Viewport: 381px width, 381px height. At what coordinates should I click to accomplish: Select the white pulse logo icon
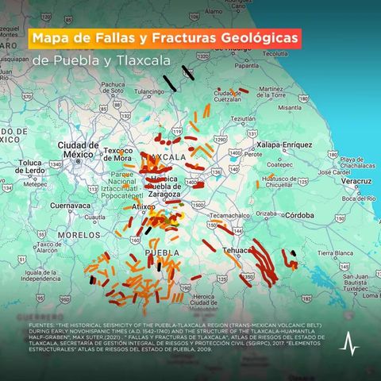coord(349,344)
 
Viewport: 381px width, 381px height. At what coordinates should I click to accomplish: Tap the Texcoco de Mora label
coord(116,154)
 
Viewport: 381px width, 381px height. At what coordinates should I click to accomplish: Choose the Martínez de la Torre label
coord(271,92)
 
